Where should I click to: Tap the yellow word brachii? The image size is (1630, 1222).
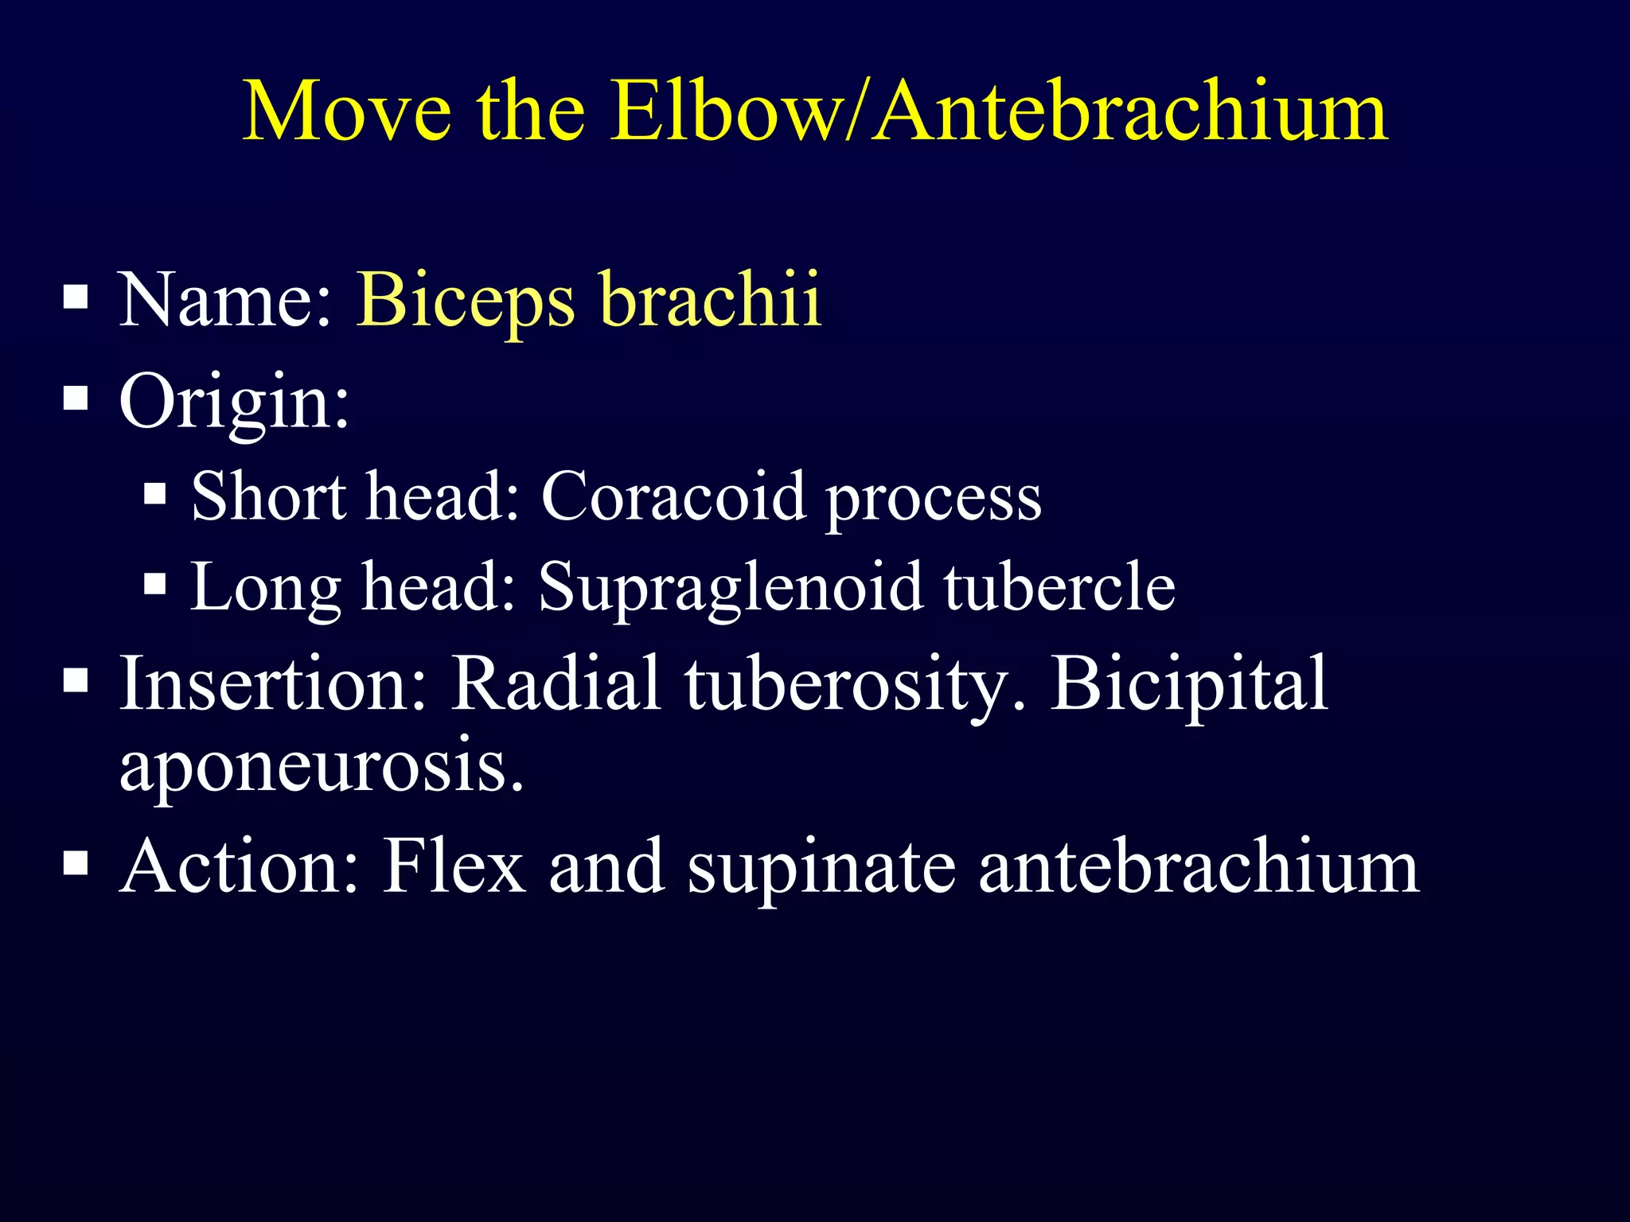(710, 300)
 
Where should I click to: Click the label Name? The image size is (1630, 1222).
(225, 300)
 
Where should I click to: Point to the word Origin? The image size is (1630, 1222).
(234, 402)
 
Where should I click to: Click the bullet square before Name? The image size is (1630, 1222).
(75, 298)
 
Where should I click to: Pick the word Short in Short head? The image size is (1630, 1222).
(269, 496)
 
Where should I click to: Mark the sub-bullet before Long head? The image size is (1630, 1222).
(155, 586)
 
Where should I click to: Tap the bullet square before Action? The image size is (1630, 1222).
(75, 862)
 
